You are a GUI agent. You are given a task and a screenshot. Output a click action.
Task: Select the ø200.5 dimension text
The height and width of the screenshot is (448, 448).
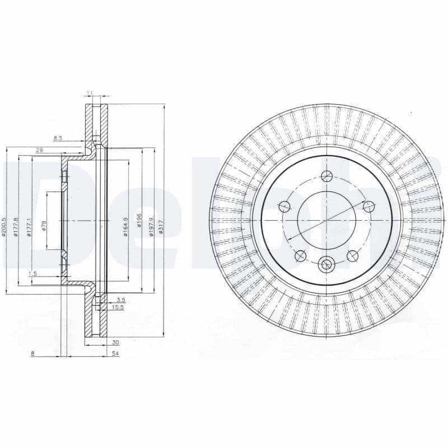click(4, 227)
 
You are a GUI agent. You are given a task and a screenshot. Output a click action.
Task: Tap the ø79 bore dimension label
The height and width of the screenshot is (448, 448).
click(44, 226)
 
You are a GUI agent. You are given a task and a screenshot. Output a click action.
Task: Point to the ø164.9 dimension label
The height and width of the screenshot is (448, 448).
click(126, 226)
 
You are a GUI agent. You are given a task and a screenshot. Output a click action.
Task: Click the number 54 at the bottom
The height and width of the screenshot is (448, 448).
click(115, 354)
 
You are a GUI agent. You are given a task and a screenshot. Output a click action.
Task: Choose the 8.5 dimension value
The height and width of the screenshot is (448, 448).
click(58, 137)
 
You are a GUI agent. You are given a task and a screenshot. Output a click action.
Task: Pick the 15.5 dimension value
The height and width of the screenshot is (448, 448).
click(117, 307)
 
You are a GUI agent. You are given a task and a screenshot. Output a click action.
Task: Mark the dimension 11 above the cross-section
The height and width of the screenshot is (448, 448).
click(89, 94)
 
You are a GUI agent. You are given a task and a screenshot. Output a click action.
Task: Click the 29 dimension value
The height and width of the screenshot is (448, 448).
click(39, 150)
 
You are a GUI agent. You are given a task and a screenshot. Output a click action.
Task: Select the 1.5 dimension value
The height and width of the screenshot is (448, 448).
click(32, 273)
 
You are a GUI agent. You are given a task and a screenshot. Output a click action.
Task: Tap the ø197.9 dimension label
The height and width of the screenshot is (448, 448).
click(151, 226)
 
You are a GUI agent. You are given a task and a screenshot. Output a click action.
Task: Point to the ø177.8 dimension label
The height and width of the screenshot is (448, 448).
click(16, 227)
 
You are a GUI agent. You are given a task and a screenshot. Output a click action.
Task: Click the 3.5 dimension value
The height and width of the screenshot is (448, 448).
click(120, 300)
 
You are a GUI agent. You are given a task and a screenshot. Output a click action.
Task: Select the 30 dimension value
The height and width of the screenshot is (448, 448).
click(116, 342)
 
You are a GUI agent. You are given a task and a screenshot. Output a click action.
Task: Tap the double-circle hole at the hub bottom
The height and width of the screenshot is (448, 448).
click(326, 264)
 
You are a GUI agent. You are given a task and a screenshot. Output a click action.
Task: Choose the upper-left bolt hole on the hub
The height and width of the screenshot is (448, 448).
click(284, 206)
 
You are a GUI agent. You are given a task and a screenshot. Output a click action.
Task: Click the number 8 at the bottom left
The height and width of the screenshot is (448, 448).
click(33, 354)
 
